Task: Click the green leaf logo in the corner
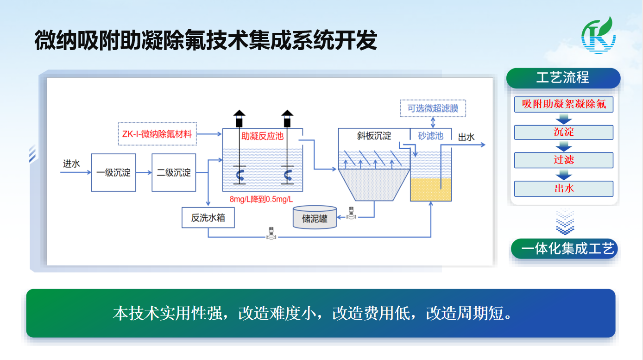point(598,36)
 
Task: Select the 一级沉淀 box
point(113,172)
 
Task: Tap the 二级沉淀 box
point(174,172)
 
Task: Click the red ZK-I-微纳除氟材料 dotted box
point(158,134)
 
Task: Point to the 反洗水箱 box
point(208,218)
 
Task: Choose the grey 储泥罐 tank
point(315,217)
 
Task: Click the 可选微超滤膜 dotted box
point(433,108)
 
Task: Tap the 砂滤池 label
point(430,136)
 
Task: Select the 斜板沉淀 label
point(374,136)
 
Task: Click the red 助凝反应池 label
point(262,136)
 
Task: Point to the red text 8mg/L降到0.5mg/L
point(261,199)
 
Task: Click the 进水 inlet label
point(71,164)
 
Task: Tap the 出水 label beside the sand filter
point(466,137)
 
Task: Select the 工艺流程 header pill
point(563,78)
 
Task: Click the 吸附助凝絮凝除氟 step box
point(564,104)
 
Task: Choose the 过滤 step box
point(564,160)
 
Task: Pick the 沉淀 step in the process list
point(564,132)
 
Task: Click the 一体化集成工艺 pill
point(564,249)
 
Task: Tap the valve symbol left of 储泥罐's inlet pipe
point(351,213)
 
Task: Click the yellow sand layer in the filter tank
point(430,189)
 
